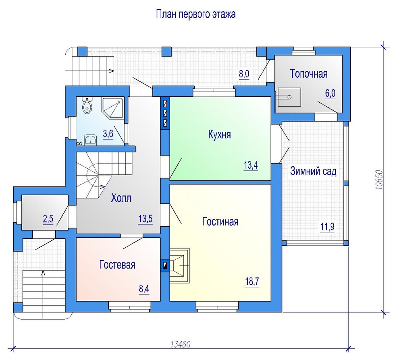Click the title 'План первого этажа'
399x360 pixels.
coord(196,14)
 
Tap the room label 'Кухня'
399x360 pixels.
coord(219,134)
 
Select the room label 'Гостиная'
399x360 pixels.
coord(220,221)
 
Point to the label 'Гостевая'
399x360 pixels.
coord(117,265)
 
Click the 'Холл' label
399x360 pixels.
coord(121,198)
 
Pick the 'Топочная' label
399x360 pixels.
coord(309,74)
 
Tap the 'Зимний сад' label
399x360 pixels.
coord(313,172)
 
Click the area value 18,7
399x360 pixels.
coord(252,282)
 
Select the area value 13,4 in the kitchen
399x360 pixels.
coord(251,166)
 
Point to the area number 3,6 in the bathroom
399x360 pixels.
coord(108,134)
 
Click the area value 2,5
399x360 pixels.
coord(48,219)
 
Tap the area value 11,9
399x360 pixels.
coord(328,227)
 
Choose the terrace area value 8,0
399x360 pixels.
coord(244,74)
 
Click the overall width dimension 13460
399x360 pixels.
coord(181,344)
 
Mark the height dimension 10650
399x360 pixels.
coord(379,180)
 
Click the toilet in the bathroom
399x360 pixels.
coord(87,107)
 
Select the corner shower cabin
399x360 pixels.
coord(113,108)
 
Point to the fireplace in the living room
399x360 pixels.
coord(179,266)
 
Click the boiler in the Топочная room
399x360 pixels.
coord(289,97)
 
